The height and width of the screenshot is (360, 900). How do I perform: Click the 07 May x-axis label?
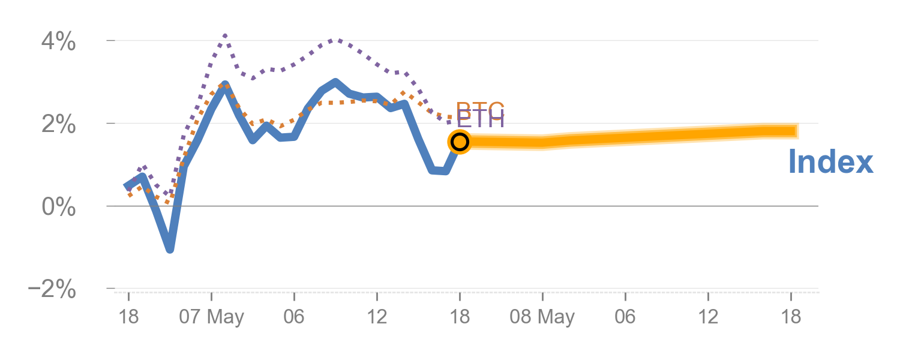click(x=212, y=317)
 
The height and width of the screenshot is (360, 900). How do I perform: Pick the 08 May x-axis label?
click(x=542, y=317)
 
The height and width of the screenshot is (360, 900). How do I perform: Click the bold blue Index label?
click(x=830, y=162)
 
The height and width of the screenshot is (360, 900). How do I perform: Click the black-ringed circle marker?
click(x=460, y=142)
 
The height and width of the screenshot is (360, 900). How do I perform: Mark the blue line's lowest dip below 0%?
click(x=170, y=248)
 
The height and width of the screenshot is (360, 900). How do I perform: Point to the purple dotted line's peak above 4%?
click(x=225, y=36)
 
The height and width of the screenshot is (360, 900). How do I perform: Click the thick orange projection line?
click(x=630, y=137)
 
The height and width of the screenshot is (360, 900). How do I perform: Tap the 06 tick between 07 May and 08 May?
click(x=294, y=317)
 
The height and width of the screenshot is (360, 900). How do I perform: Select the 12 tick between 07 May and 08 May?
click(x=377, y=317)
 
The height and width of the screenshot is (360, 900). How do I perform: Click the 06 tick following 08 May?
click(x=625, y=317)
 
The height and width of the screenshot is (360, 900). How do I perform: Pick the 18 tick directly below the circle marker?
click(x=460, y=317)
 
